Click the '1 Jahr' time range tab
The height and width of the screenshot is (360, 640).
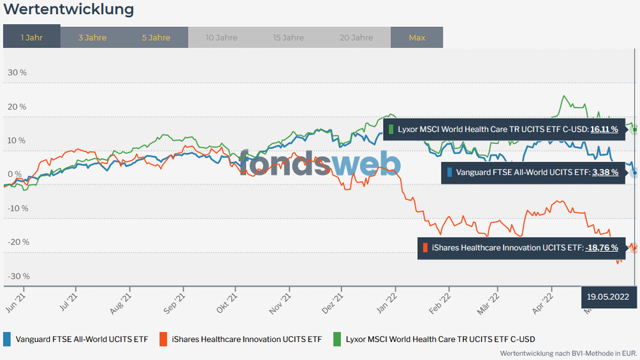(31, 37)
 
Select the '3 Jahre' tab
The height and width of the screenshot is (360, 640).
(92, 37)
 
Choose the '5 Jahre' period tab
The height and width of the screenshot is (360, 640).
(156, 37)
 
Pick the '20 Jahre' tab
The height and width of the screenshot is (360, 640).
(355, 37)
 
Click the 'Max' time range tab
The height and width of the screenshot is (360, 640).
(417, 37)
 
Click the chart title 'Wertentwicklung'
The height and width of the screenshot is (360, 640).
(69, 10)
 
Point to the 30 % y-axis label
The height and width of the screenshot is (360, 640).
(17, 72)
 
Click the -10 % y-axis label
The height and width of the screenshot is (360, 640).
(17, 208)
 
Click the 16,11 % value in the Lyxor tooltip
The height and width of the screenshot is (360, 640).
(604, 129)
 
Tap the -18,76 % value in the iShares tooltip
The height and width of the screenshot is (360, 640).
(602, 247)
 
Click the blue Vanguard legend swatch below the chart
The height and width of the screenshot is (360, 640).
(7, 339)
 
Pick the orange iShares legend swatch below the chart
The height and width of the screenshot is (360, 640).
(164, 339)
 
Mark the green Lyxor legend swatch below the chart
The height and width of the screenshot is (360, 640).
(337, 339)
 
